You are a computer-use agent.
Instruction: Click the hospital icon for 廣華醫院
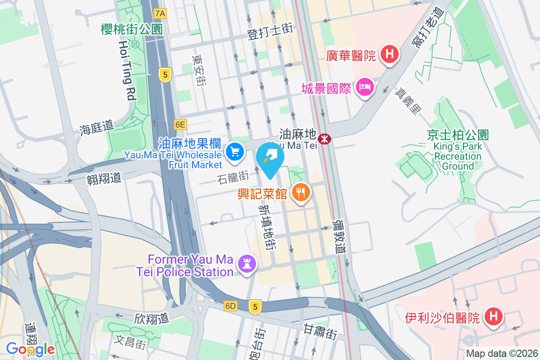390,55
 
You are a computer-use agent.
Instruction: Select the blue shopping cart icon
234,152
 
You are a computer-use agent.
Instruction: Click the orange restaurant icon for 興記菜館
300,193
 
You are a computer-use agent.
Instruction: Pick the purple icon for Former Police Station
247,263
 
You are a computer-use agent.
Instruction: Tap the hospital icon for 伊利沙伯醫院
493,317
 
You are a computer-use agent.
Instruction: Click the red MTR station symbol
324,139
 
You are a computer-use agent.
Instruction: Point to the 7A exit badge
160,13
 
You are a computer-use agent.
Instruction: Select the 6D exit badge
230,306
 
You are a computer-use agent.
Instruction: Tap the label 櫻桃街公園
131,30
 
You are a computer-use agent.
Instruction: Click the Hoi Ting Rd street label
127,70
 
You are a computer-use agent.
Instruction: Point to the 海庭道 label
96,128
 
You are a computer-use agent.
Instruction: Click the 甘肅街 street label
320,333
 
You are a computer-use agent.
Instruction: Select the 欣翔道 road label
151,319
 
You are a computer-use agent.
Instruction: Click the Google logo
30,349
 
